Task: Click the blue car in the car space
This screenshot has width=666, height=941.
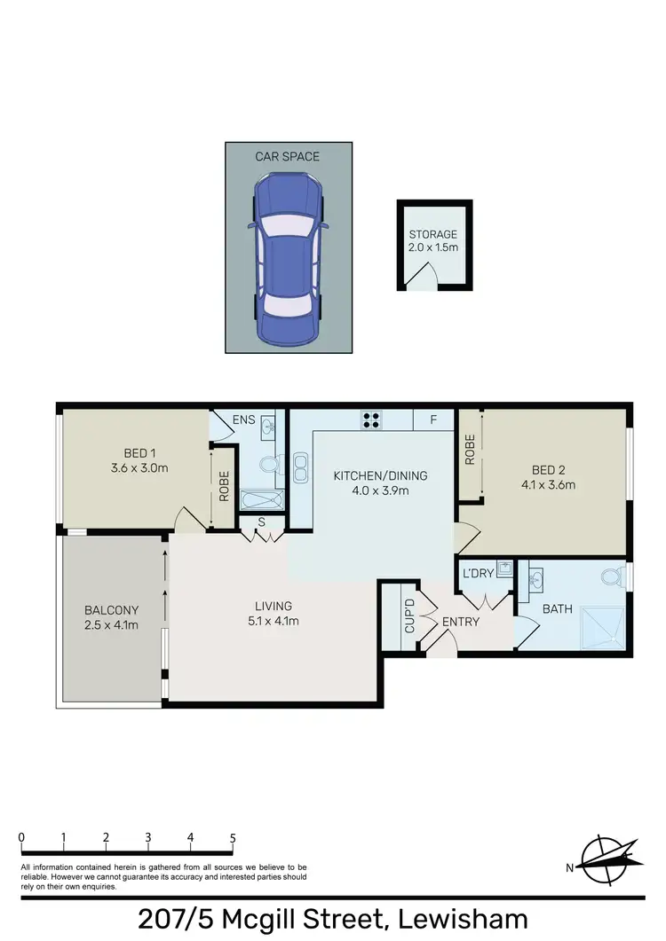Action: pyautogui.click(x=288, y=257)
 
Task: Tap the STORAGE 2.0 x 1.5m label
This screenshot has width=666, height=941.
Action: pyautogui.click(x=433, y=241)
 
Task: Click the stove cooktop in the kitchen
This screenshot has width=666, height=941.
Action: pyautogui.click(x=370, y=420)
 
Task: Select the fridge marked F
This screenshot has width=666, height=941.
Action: pyautogui.click(x=433, y=420)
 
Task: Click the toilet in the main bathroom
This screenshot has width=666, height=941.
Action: pyautogui.click(x=612, y=578)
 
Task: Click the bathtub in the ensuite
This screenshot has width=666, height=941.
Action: pyautogui.click(x=265, y=499)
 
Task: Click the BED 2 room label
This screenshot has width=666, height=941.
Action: pyautogui.click(x=549, y=469)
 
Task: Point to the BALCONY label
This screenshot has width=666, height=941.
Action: pyautogui.click(x=111, y=610)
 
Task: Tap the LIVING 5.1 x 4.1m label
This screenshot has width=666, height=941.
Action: pyautogui.click(x=274, y=613)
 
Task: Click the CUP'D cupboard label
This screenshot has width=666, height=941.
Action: pyautogui.click(x=409, y=615)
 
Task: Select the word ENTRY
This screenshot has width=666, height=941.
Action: pyautogui.click(x=460, y=622)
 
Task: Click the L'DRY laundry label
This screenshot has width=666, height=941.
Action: pyautogui.click(x=478, y=574)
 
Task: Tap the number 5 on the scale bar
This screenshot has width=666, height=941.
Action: pyautogui.click(x=233, y=837)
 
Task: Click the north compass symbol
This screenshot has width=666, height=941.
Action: pyautogui.click(x=608, y=859)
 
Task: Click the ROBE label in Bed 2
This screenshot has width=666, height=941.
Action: pyautogui.click(x=470, y=451)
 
